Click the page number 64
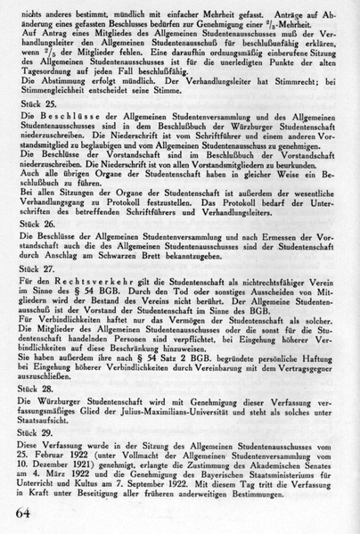click(28, 511)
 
